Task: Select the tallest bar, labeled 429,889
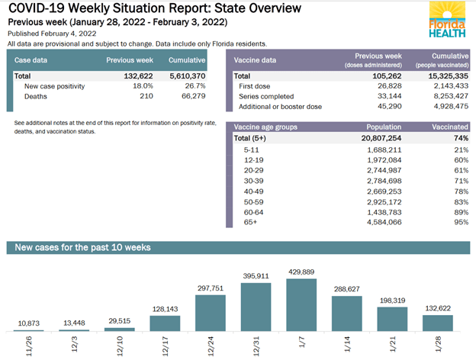coord(302,305)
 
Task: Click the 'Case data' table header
coord(33,59)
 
